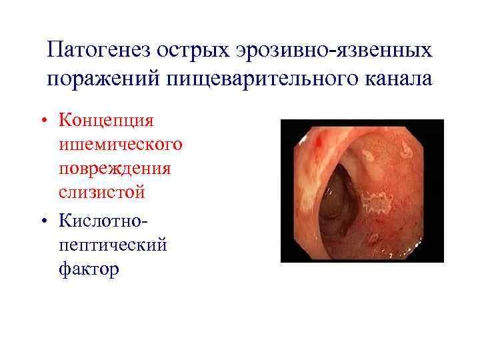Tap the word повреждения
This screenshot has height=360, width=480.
[115, 168]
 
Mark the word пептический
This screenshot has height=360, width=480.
[113, 244]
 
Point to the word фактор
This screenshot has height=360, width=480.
[89, 269]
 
